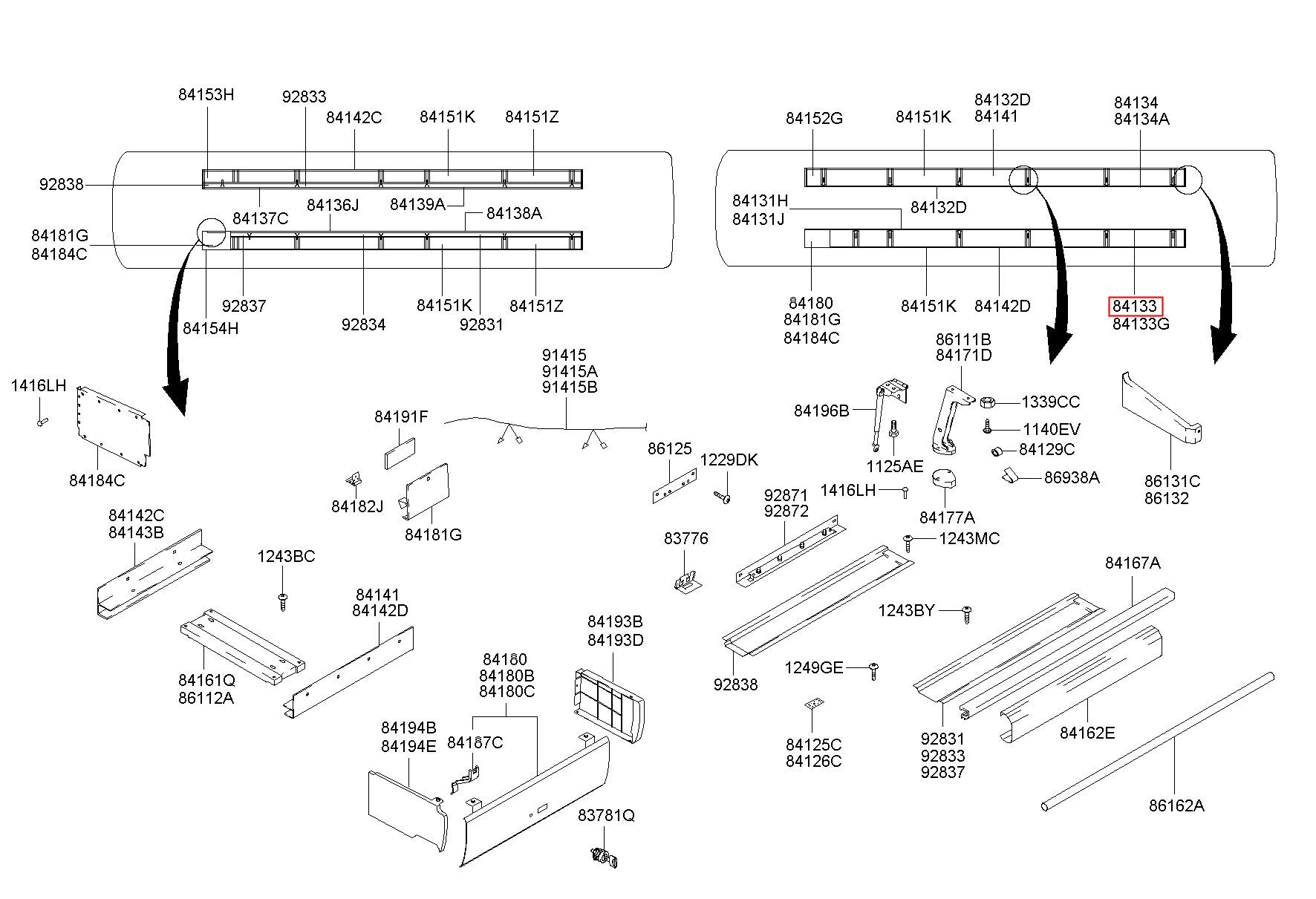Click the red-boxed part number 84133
click(x=1135, y=306)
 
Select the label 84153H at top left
click(x=206, y=94)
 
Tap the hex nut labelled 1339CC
click(x=988, y=402)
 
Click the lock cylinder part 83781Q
click(x=604, y=857)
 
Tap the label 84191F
click(x=401, y=417)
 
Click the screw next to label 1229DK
click(x=723, y=496)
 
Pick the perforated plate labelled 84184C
click(x=113, y=427)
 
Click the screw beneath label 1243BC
click(x=282, y=601)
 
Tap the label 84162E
click(x=1087, y=733)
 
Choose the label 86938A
click(x=1072, y=477)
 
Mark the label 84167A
click(x=1133, y=563)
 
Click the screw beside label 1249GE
click(x=873, y=670)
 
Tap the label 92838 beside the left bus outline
click(x=62, y=184)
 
